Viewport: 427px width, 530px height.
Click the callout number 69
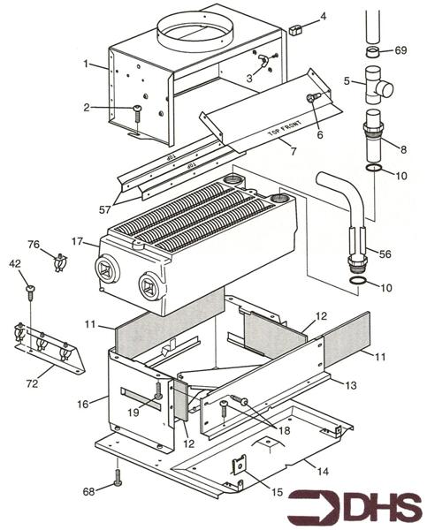click(401, 51)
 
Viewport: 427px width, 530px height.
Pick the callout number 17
click(78, 240)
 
